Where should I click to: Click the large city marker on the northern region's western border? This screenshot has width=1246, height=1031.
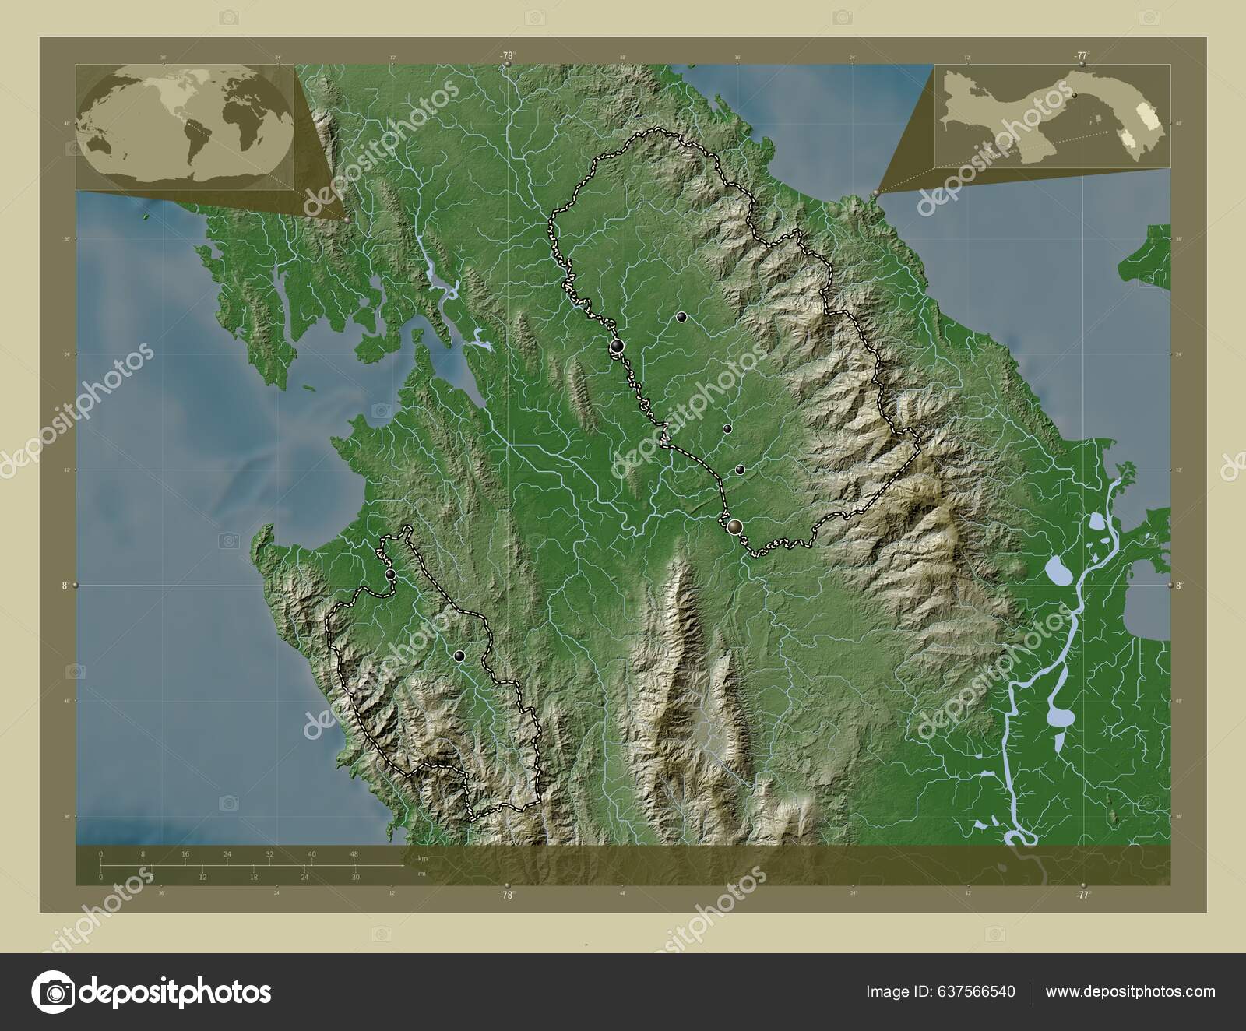click(617, 346)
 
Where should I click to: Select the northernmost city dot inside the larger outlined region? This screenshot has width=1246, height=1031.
click(681, 317)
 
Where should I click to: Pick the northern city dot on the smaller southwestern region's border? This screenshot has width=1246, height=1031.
click(390, 575)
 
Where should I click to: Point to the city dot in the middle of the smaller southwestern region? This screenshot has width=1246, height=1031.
click(459, 656)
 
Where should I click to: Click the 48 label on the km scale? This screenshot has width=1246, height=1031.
click(354, 854)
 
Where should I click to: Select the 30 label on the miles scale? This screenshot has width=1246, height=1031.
click(354, 878)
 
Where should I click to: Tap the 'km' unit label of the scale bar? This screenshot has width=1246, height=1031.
click(423, 858)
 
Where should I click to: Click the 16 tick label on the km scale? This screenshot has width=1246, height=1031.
click(185, 854)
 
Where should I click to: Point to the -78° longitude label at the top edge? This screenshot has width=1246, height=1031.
click(507, 55)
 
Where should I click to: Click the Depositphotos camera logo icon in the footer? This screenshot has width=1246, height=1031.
click(54, 991)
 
